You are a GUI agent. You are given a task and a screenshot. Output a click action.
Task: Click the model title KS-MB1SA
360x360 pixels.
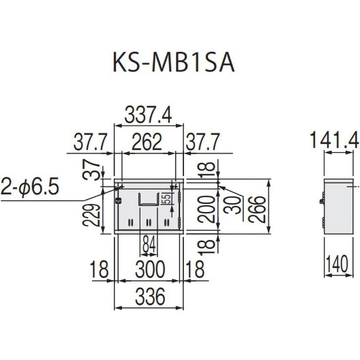click(174, 63)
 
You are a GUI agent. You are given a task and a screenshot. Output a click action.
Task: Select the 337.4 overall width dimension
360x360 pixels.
click(148, 115)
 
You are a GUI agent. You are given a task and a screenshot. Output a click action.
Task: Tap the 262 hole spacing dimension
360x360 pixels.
click(147, 142)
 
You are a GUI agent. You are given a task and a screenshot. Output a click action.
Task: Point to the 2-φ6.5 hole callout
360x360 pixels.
click(30, 186)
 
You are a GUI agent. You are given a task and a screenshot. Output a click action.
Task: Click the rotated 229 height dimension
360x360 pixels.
click(91, 216)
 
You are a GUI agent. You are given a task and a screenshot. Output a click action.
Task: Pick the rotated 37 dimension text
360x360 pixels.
click(91, 170)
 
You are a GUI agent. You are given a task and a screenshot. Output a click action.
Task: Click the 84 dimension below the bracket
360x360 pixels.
click(149, 244)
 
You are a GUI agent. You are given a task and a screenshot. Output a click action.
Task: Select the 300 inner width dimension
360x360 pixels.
click(150, 269)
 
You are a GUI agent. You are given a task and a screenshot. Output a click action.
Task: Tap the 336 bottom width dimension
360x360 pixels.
click(150, 297)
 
